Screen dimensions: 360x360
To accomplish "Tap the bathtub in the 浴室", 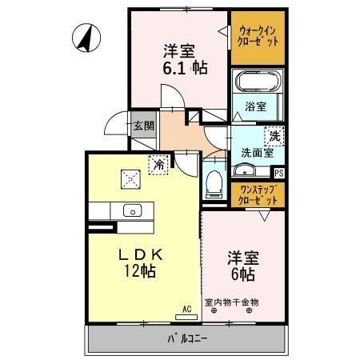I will coord(253,82).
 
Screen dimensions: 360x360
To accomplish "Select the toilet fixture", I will coord(213,183).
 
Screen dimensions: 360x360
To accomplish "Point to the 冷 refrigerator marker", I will coord(159,164).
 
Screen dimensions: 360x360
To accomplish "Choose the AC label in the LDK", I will coord(186,308).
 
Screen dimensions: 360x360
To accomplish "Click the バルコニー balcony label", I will coord(188,338).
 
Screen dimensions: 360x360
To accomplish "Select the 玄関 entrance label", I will coord(142,126).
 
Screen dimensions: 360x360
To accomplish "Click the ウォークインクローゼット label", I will coord(258,36).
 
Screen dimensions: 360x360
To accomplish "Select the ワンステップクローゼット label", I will coord(258,194).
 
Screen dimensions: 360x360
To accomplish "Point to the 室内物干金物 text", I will coord(232,302).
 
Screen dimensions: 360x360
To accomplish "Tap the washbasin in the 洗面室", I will coord(244,170).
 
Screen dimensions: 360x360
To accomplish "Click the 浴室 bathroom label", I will coord(256,105).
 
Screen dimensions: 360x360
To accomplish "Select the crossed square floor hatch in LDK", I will coord(128,178).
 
